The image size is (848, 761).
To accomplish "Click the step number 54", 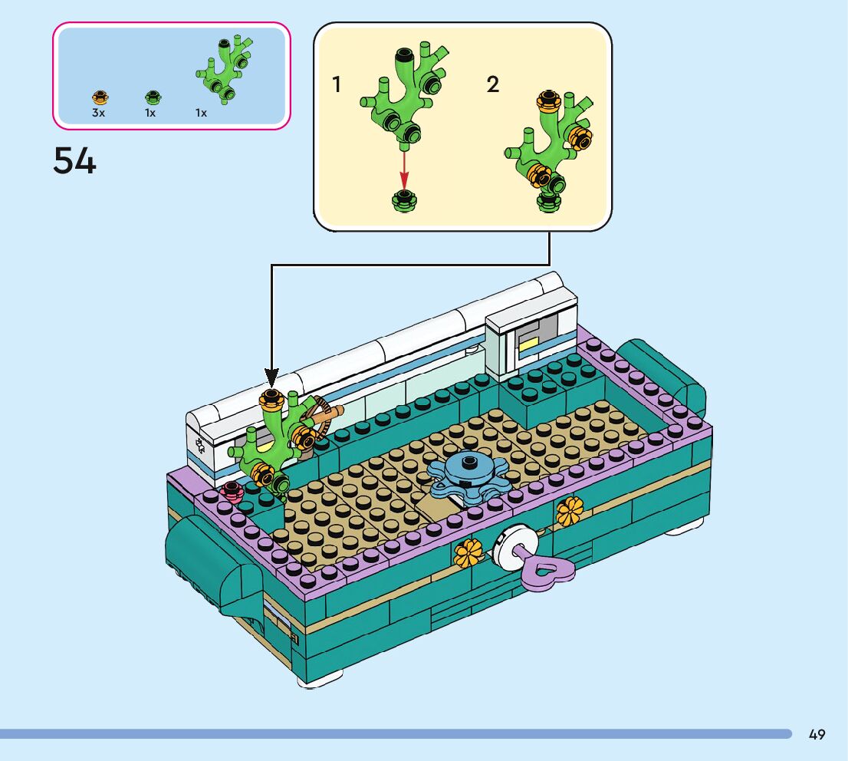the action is [x=74, y=161].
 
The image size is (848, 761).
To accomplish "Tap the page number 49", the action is [x=817, y=735].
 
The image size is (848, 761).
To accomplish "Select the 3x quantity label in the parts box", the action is [x=98, y=113].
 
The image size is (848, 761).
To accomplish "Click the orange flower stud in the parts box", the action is [x=100, y=97].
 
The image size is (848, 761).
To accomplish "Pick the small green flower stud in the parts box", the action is [x=152, y=97].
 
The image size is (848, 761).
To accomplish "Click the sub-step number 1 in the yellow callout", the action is [x=336, y=85].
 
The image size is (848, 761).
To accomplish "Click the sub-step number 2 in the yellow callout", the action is [x=493, y=85].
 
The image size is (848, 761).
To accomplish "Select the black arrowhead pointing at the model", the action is [x=270, y=377].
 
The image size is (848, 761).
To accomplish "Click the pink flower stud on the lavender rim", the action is [x=231, y=492].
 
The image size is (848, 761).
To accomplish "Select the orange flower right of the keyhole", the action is [x=570, y=511].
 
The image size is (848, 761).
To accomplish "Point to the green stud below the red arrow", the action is [x=403, y=200].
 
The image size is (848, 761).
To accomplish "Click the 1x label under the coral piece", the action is [x=201, y=113].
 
